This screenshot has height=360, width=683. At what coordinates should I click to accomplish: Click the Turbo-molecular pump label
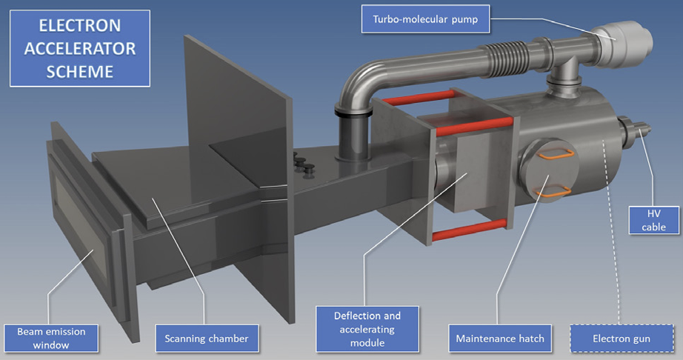coord(424,19)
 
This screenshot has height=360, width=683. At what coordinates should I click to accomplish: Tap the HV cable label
coord(653,220)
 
